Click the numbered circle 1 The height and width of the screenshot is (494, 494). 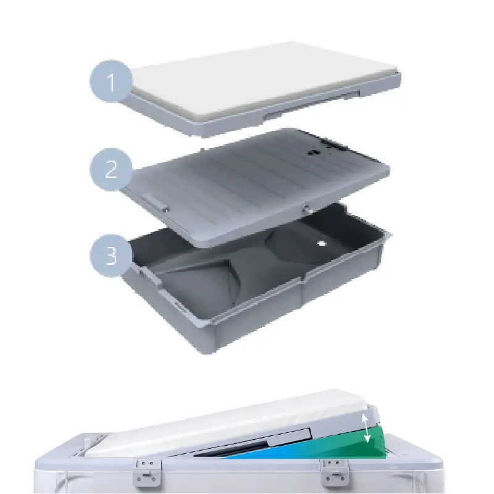pyautogui.click(x=111, y=81)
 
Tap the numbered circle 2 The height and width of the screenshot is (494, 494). pyautogui.click(x=111, y=169)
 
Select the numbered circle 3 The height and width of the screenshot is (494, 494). pyautogui.click(x=111, y=256)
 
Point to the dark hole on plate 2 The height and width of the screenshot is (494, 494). pyautogui.click(x=313, y=152)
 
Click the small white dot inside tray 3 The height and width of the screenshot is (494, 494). pyautogui.click(x=321, y=243)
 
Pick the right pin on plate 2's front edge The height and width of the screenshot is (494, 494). pyautogui.click(x=308, y=208)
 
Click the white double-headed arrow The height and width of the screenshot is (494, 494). pyautogui.click(x=366, y=429)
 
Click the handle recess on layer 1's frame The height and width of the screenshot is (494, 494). pyautogui.click(x=312, y=103)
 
